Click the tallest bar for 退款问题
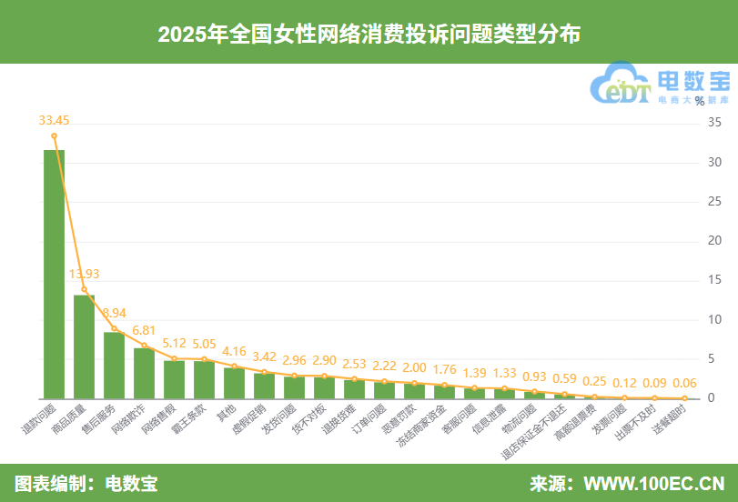[x=55, y=273]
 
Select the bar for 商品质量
[x=85, y=346]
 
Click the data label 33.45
[x=54, y=119]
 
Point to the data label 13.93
[x=84, y=273]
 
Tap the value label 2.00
[x=414, y=366]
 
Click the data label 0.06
[x=683, y=383]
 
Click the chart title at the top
[x=369, y=35]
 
